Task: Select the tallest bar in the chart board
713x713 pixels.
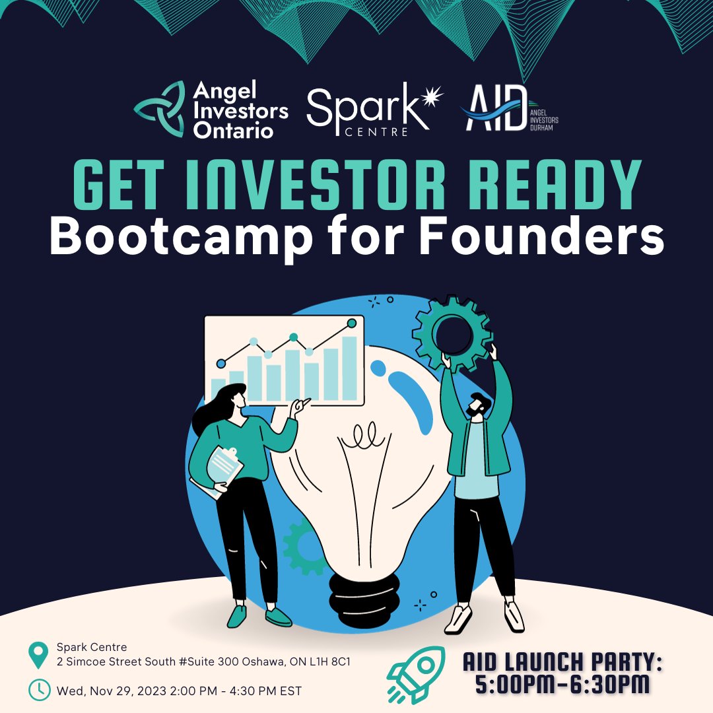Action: point(349,368)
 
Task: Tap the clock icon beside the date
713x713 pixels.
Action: point(39,690)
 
